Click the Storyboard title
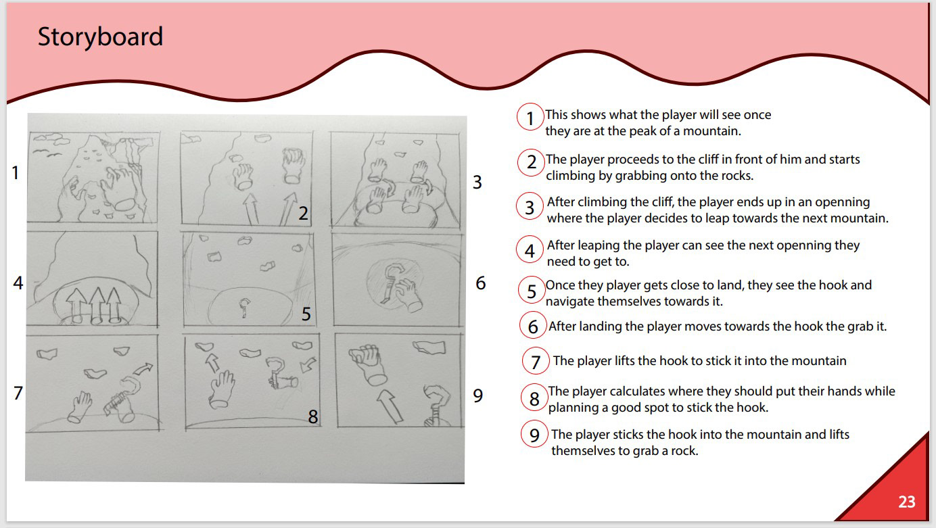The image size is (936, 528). click(x=100, y=37)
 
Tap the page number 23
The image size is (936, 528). click(x=907, y=502)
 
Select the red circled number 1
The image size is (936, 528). click(x=530, y=117)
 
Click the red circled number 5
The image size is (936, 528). click(x=531, y=291)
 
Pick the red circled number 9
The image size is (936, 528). click(x=534, y=435)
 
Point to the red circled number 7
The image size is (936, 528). click(x=536, y=361)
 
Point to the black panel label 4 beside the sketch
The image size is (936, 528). click(x=18, y=283)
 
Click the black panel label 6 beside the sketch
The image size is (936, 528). click(x=481, y=283)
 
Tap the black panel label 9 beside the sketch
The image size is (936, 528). click(x=477, y=395)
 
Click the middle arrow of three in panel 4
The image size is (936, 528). click(x=97, y=305)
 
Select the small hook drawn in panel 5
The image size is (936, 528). click(x=244, y=308)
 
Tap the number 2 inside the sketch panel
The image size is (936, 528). click(x=304, y=214)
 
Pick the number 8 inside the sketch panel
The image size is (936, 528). click(x=313, y=416)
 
